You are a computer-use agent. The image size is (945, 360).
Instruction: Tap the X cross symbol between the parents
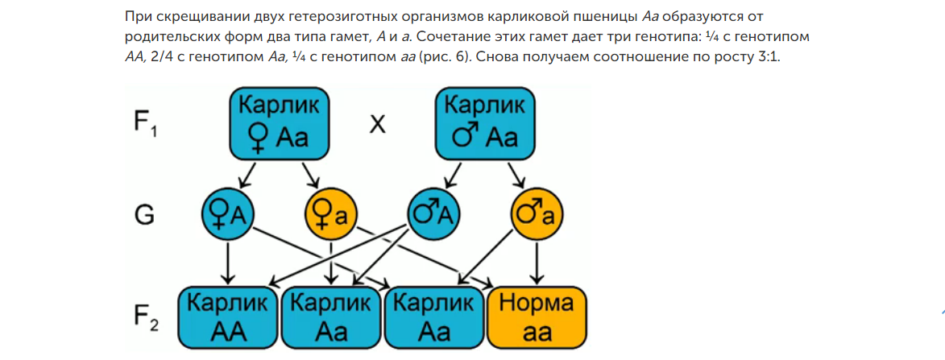click(x=377, y=125)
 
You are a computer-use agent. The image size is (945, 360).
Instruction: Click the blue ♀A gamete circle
click(x=227, y=214)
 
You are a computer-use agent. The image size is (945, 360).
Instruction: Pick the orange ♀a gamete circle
click(x=330, y=214)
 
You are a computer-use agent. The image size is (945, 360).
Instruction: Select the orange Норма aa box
click(x=537, y=316)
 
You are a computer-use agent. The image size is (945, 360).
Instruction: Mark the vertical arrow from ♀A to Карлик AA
click(x=228, y=263)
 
